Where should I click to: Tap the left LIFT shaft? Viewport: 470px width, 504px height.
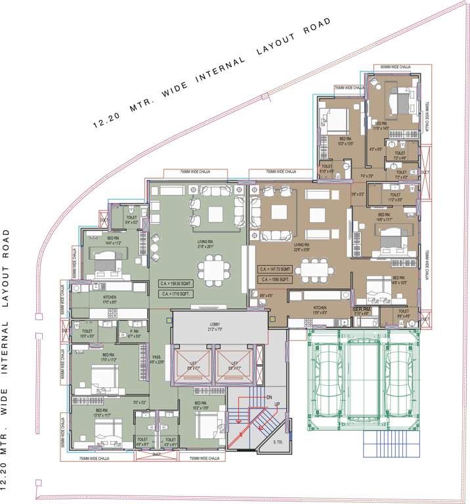192,365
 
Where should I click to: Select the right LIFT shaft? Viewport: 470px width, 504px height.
232,365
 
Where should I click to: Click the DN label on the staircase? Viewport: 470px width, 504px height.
268,396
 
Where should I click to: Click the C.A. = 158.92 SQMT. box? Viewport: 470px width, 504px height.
174,284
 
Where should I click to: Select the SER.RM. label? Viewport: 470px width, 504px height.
364,309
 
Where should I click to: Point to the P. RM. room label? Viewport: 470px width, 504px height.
127,333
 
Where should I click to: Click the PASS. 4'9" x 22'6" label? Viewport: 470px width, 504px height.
156,360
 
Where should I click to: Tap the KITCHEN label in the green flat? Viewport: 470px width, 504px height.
109,299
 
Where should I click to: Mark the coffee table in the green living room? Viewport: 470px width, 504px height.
215,213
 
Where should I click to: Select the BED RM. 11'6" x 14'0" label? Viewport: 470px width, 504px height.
381,126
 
